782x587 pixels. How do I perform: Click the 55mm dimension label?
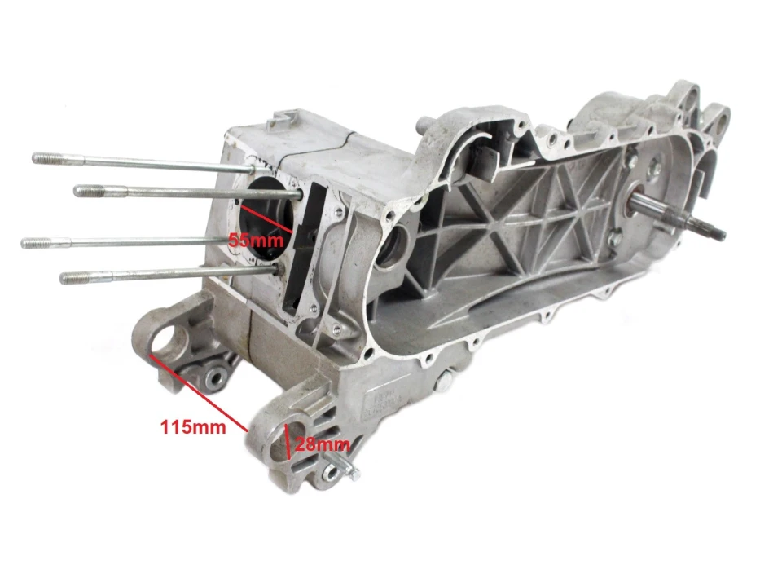coord(256,240)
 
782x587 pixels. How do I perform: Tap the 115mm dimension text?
coord(193,426)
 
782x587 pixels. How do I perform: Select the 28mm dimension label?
coord(323,444)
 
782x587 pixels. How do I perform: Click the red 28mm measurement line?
coord(287,442)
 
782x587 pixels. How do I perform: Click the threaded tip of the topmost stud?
coord(47,159)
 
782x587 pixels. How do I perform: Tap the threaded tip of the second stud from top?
coord(89,190)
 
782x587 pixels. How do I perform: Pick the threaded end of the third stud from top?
coord(35,243)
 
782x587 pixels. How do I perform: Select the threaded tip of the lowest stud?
coord(74,276)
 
